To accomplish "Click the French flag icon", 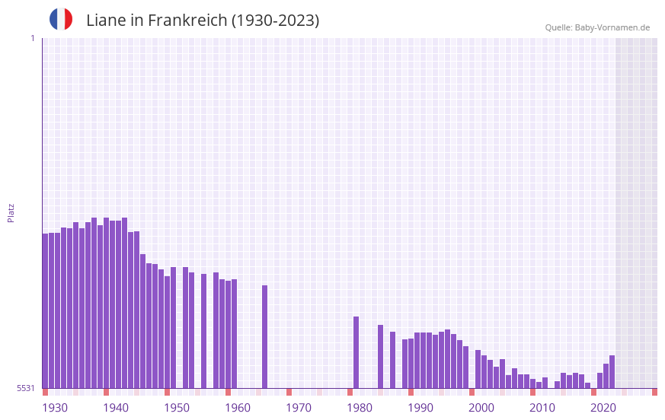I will (x=61, y=19).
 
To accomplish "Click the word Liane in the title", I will (x=105, y=21).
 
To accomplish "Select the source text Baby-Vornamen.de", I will (x=612, y=27).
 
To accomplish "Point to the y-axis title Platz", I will (x=11, y=212).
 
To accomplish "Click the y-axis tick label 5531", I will (x=26, y=388).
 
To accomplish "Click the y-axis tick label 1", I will (x=32, y=38).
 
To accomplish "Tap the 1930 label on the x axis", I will (x=55, y=408).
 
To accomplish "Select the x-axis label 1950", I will (x=177, y=408).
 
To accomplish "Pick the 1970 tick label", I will (x=299, y=408).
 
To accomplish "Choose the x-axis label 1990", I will (x=420, y=408).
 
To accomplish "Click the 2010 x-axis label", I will (x=542, y=408).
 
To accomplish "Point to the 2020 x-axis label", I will (x=603, y=408).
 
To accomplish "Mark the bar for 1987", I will (x=392, y=360).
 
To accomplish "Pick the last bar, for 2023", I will (x=612, y=372).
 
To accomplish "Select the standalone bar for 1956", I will (x=203, y=331).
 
